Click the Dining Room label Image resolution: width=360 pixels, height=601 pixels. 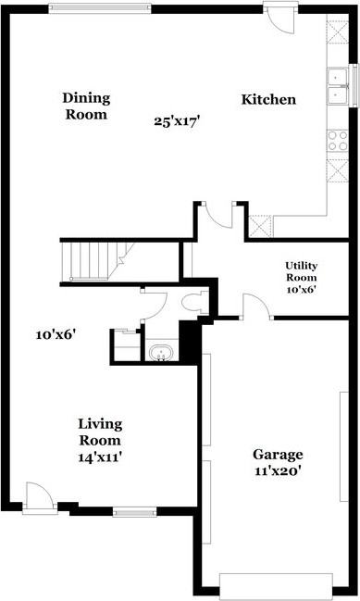click(x=85, y=106)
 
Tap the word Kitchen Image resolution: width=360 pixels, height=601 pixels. click(x=268, y=99)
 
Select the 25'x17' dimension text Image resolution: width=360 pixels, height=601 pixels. click(x=178, y=119)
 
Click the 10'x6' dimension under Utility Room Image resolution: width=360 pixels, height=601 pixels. click(x=301, y=289)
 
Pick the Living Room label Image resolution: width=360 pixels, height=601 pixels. click(x=100, y=432)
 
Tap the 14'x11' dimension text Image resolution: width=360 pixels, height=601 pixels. click(x=100, y=456)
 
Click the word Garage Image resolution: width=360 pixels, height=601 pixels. click(x=279, y=455)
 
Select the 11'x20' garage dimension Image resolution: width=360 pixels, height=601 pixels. click(x=279, y=470)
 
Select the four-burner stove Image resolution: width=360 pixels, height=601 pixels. click(x=337, y=141)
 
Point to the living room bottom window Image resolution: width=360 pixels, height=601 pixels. click(x=135, y=510)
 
